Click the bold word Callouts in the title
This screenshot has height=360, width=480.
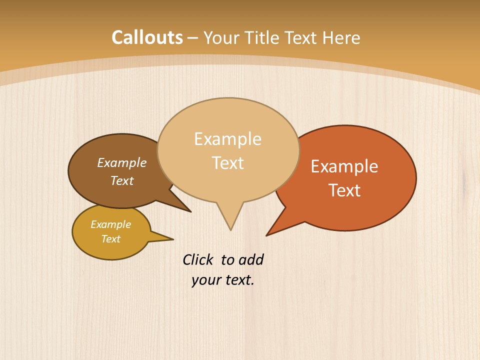click(x=147, y=37)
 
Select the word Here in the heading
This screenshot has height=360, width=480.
click(x=341, y=37)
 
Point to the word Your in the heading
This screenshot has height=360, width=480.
click(x=222, y=37)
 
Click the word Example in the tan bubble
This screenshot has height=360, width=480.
click(x=227, y=139)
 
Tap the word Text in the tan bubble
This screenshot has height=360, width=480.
click(x=228, y=163)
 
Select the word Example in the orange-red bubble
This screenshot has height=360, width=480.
click(x=344, y=166)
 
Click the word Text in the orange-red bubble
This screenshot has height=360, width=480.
click(x=345, y=190)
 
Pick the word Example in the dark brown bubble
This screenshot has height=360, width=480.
click(x=122, y=162)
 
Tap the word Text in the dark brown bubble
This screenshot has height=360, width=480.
click(x=122, y=180)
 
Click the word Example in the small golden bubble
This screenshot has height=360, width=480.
click(x=110, y=224)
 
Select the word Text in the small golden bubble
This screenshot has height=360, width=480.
click(x=110, y=239)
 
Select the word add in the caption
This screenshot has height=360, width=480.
click(x=251, y=259)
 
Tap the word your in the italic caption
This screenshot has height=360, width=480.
click(x=206, y=280)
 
